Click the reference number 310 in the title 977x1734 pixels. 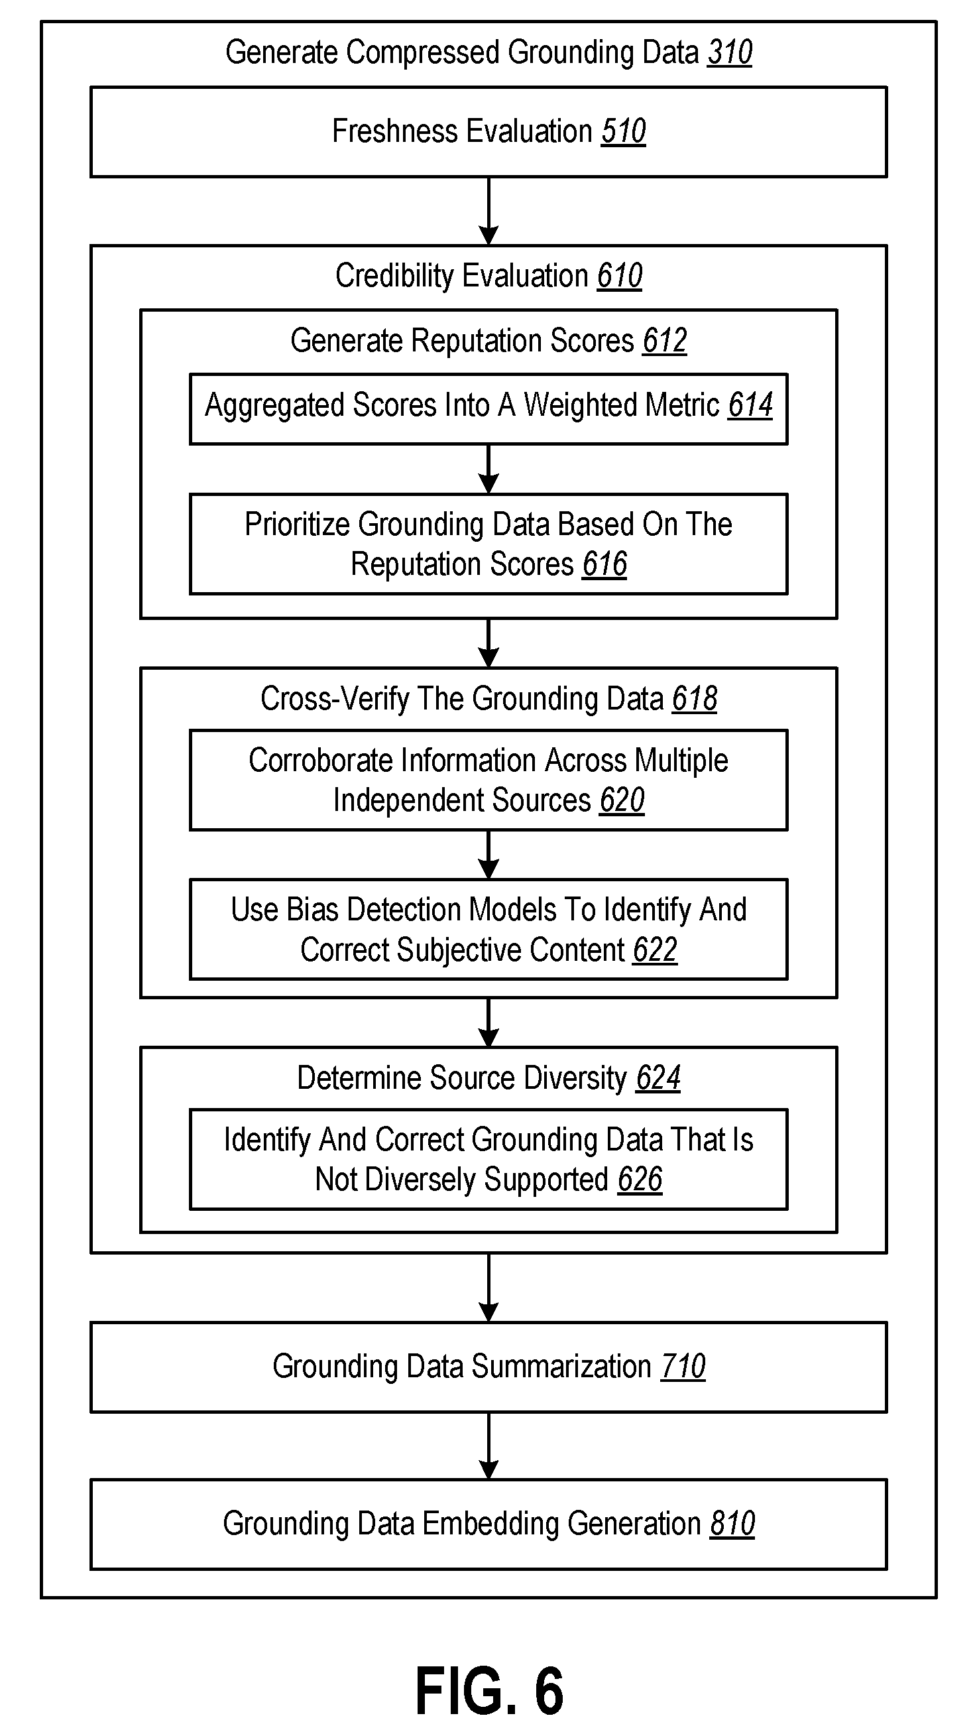click(729, 52)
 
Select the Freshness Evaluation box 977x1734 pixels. click(488, 132)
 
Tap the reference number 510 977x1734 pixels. click(624, 131)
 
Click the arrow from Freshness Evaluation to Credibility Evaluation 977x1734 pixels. click(488, 212)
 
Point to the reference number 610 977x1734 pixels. click(620, 276)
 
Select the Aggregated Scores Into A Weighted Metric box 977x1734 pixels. click(488, 408)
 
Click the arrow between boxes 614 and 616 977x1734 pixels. click(488, 469)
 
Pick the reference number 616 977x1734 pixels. click(605, 564)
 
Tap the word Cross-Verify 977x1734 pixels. click(334, 699)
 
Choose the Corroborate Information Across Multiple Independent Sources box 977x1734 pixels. click(488, 780)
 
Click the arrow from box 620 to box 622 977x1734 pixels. click(488, 855)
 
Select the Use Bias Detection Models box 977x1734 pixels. click(488, 929)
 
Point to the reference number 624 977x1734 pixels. click(658, 1078)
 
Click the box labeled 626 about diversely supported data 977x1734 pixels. click(488, 1159)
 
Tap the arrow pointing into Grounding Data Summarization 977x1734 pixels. click(488, 1288)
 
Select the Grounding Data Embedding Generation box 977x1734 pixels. click(488, 1524)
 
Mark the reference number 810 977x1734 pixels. click(733, 1524)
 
